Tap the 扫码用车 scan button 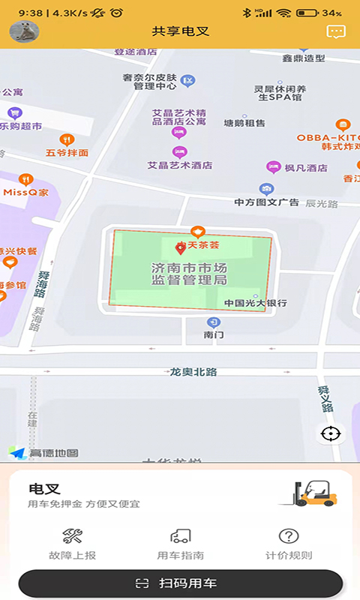point(180,583)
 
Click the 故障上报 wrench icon point(73,536)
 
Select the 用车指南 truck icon point(180,536)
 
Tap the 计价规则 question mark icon point(289,536)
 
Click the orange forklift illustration point(314,493)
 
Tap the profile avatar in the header point(23,31)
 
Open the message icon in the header point(335,31)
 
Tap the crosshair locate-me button point(330,433)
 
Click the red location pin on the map point(181,248)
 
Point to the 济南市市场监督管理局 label point(189,274)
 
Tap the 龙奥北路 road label point(193,372)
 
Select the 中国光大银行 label point(256,303)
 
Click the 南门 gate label point(214,334)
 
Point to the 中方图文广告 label point(266,202)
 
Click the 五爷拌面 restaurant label point(67,152)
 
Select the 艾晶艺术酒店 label point(180,165)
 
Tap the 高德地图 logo point(45,453)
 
